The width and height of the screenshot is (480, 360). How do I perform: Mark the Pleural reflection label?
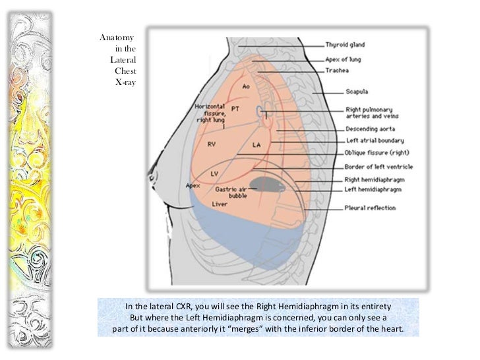370,208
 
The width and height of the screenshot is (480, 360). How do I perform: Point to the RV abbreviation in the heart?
212,143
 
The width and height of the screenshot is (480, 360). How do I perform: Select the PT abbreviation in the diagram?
235,107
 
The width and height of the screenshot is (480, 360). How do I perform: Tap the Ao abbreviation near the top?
246,86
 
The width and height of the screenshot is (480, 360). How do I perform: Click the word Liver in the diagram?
220,204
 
